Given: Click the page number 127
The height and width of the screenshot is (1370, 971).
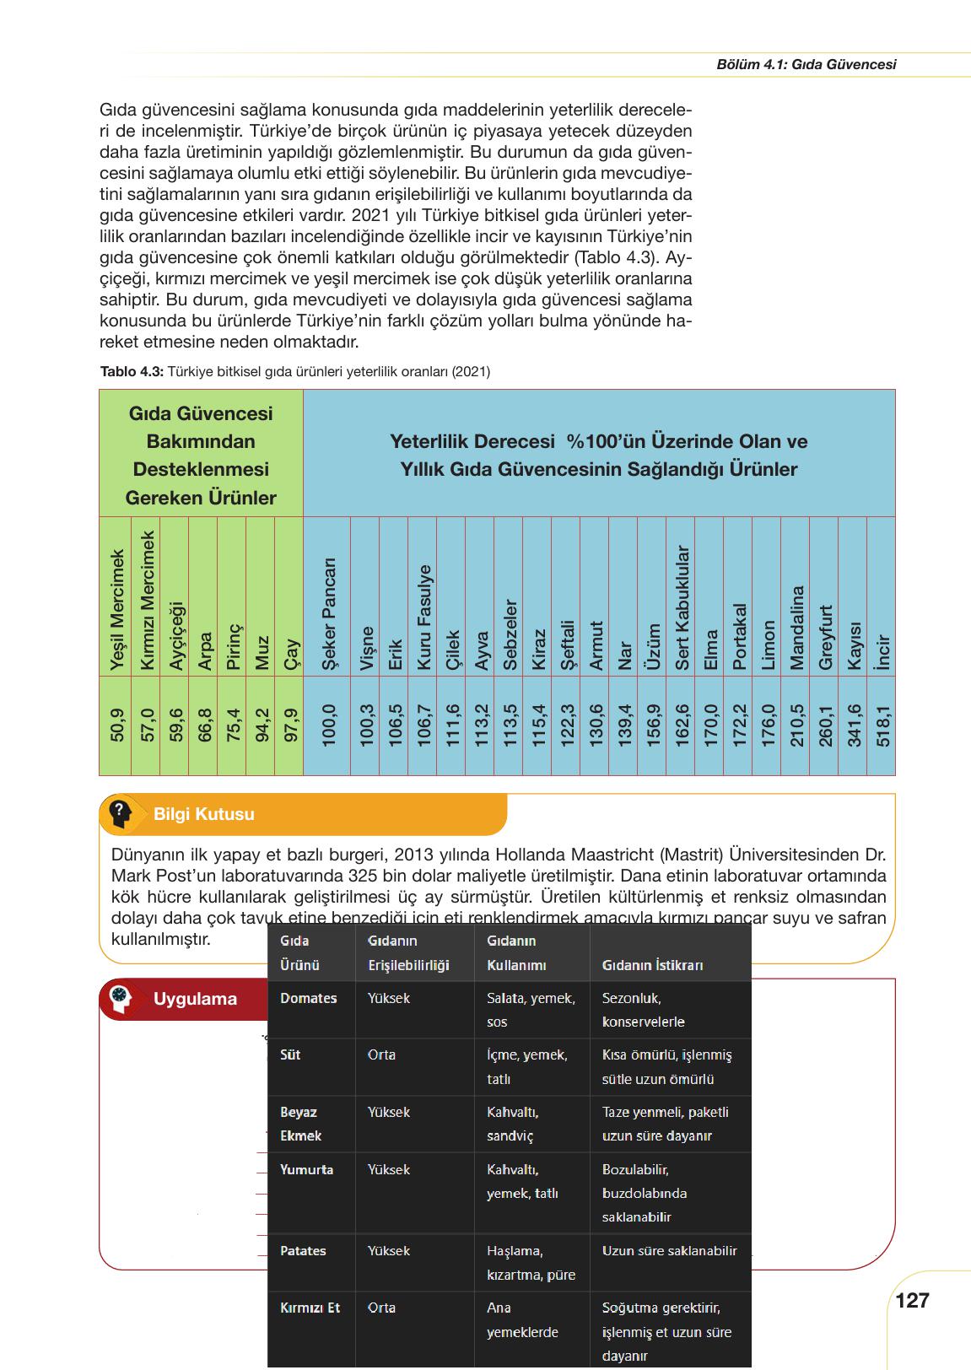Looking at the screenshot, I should coord(912,1300).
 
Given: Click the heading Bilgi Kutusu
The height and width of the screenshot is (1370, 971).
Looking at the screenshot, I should coord(203,814).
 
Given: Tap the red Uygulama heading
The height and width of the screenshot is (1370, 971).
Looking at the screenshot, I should coord(195,999).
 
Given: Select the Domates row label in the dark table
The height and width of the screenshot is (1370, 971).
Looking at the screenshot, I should coord(308,998).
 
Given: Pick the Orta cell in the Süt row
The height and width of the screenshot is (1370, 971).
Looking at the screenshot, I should coord(381,1054).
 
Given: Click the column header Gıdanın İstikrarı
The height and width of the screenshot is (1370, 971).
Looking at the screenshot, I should coord(652,965).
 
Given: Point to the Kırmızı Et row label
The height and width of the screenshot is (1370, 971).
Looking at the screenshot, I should coord(310,1308).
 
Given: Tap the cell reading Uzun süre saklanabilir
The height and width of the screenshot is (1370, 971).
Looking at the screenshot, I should coord(669,1250).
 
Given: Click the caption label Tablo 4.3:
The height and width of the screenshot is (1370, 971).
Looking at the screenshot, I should coord(132,371).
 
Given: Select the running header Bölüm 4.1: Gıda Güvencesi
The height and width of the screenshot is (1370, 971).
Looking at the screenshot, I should coord(806,64).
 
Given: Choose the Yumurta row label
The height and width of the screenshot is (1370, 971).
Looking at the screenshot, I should coord(306,1169).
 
